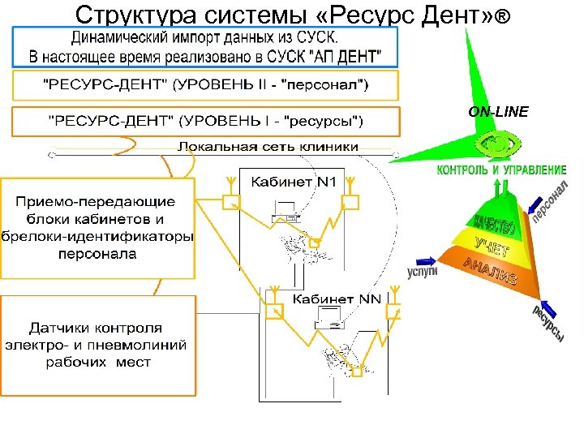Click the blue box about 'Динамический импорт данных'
point(206,48)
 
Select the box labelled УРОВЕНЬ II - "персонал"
point(206,85)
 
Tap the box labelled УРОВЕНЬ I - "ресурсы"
point(206,121)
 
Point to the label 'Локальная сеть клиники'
point(268,147)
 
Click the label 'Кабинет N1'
point(293,182)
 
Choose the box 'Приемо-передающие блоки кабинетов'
point(98,226)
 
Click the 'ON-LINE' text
point(499,112)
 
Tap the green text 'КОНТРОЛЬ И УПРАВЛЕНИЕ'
point(501,170)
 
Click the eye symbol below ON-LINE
point(497,144)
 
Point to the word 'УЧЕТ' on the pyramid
point(493,245)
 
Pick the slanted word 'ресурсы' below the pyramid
point(547,324)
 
